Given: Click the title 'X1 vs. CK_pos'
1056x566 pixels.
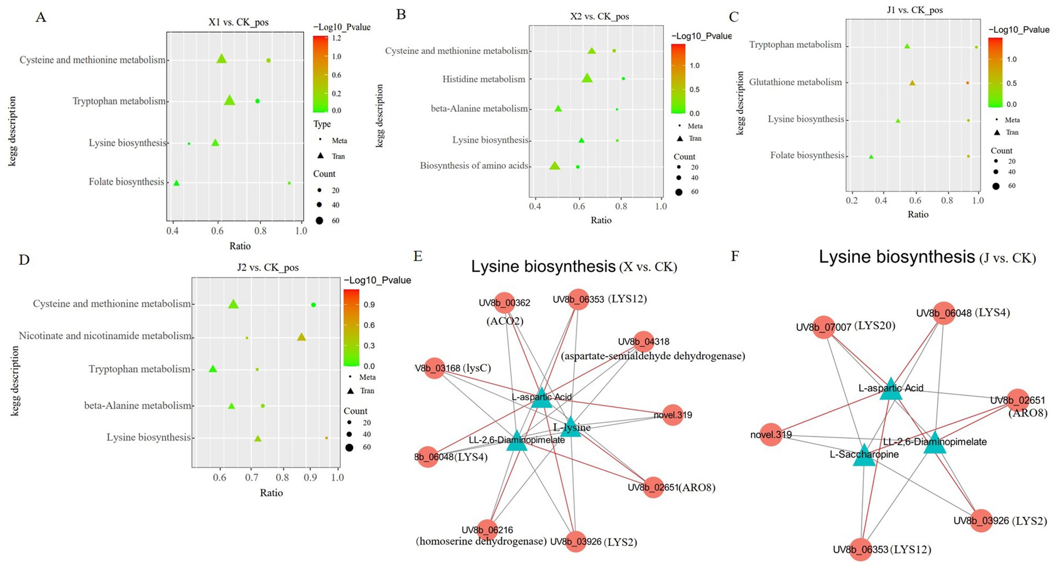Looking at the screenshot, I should point(238,22).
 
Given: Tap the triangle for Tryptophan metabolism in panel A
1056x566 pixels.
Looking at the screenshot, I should point(229,101).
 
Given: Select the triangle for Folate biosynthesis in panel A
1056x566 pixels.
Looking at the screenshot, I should point(177,183).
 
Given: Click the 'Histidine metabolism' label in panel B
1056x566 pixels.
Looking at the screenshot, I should point(484,79).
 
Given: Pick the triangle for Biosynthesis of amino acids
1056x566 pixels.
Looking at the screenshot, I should point(554,166).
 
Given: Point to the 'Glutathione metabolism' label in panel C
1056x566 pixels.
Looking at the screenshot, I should point(795,82).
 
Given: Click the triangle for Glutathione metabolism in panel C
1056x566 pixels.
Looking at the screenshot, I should point(912,83).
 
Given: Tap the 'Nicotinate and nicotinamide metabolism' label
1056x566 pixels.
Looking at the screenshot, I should point(105,336).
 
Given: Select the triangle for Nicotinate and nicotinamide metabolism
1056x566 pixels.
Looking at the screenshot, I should point(301,337).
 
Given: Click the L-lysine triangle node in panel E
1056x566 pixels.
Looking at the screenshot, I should point(571,427).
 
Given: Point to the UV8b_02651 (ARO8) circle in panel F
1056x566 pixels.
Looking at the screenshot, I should point(1017,400).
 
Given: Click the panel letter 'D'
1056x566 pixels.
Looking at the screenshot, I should point(24,260).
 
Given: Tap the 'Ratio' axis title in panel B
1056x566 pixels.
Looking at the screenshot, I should point(601,221).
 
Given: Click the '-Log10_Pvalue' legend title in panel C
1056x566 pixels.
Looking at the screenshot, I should point(1019,29).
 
